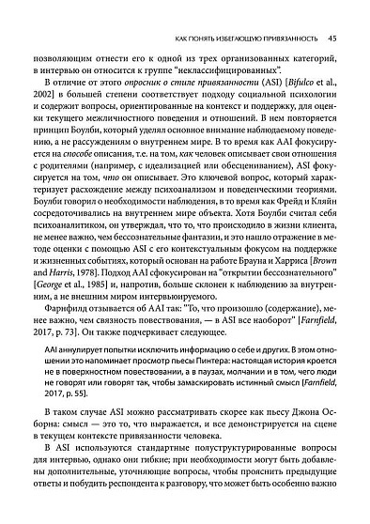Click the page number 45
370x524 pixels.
pos(332,39)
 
